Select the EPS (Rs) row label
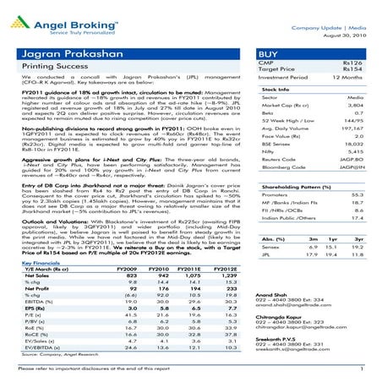click(35, 308)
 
